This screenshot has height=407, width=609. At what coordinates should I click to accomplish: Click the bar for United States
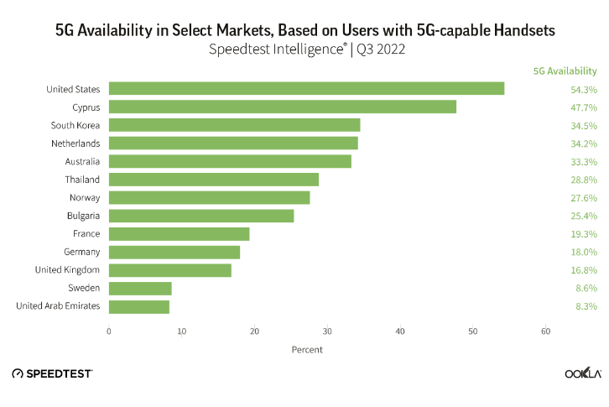click(306, 89)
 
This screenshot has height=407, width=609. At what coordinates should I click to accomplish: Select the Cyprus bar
click(283, 107)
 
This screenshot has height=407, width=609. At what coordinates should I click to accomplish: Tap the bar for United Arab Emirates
click(139, 306)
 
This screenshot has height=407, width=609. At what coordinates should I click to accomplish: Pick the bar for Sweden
click(140, 289)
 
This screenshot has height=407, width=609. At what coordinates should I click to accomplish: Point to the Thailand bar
click(214, 180)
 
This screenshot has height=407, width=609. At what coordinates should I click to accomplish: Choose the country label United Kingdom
click(67, 270)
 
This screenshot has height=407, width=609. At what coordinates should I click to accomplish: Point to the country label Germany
click(81, 252)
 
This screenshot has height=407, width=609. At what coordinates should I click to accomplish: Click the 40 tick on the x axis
click(400, 331)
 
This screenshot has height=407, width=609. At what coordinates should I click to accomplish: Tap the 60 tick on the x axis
click(546, 331)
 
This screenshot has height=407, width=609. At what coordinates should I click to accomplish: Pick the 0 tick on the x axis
click(109, 331)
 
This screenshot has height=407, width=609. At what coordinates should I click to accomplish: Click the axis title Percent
click(307, 349)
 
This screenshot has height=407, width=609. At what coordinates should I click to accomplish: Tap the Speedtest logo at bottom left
click(52, 373)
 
